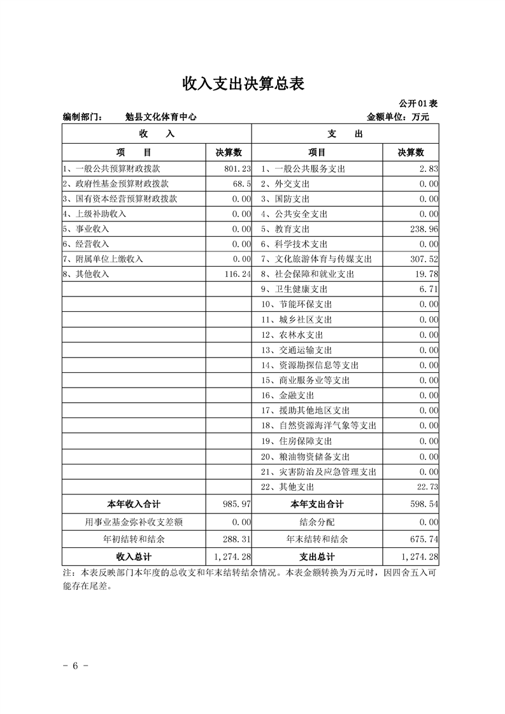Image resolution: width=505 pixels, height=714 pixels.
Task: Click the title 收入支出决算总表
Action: [243, 83]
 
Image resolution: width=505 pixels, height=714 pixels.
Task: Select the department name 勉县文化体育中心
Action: [160, 117]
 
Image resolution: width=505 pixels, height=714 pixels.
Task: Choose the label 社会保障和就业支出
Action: [315, 274]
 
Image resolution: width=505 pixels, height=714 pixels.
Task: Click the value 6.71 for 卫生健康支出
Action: [428, 290]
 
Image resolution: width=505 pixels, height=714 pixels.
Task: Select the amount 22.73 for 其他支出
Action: [425, 487]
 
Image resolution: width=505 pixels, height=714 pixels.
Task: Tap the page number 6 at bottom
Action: [75, 666]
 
